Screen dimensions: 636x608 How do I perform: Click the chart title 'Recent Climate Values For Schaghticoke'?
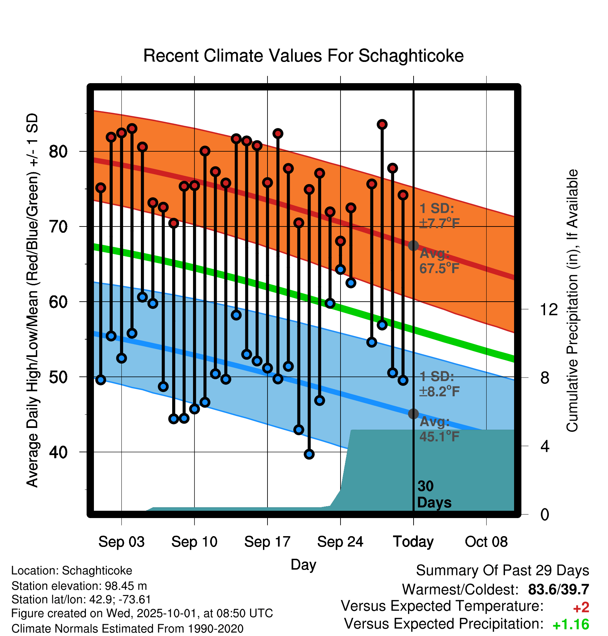coord(303,56)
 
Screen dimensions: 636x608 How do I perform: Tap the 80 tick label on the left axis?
coord(58,152)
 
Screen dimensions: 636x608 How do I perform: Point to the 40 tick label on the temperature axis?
coord(58,452)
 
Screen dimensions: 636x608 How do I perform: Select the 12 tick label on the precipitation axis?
coord(549,309)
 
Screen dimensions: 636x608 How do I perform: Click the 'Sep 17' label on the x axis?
coord(267,542)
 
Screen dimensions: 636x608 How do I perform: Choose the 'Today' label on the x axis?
coord(413,542)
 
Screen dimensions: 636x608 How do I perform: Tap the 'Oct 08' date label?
coord(486,542)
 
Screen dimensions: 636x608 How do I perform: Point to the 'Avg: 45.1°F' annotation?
coord(439,429)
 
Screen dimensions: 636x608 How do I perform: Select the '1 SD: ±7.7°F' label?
coord(439,216)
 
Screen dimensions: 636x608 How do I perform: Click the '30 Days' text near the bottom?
coord(434,494)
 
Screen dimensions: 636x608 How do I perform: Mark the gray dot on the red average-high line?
coord(413,246)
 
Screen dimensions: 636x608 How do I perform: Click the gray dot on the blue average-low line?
coord(413,414)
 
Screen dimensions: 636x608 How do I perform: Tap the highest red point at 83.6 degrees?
coord(382,124)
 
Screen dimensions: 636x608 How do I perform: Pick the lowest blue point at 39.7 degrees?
coord(309,454)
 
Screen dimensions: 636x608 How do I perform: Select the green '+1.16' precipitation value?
coord(571,625)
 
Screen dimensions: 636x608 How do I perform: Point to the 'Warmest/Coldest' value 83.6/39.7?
coord(558,590)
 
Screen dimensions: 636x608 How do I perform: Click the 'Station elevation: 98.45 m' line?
coord(79,586)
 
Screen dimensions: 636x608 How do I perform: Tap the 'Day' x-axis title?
coord(303,564)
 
